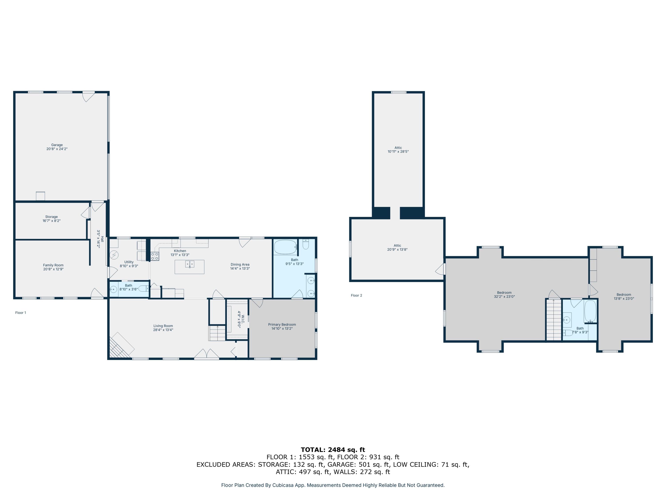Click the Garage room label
(57, 147)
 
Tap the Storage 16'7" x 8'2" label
(52, 219)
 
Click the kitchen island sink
(190, 264)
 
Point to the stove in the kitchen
(155, 256)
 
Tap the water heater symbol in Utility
(114, 255)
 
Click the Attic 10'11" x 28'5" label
(398, 149)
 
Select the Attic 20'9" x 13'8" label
(397, 247)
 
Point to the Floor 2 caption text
(357, 295)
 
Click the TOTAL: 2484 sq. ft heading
(333, 450)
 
